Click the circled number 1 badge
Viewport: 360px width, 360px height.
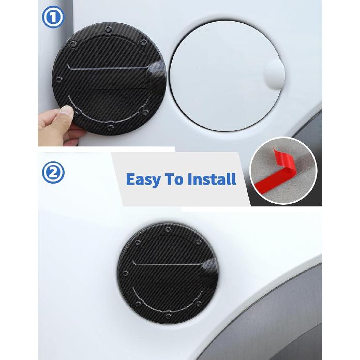53,18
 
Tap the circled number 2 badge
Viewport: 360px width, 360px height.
53,174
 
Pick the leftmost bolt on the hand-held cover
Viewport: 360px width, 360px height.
59,80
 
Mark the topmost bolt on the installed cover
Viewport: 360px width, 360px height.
168,229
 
